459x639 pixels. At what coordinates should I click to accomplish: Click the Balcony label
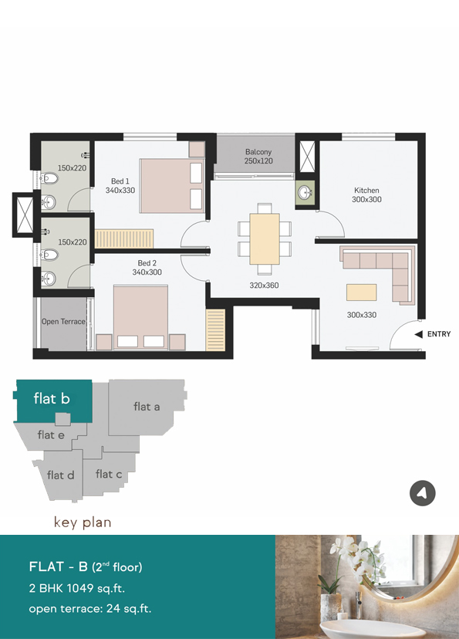click(258, 151)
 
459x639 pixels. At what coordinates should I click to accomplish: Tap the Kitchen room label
click(366, 191)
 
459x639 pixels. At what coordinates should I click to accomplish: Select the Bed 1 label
click(120, 181)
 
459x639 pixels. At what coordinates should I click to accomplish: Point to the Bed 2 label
click(147, 263)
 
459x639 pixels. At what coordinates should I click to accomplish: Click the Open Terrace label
click(63, 322)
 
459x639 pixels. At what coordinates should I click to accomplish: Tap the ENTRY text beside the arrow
click(439, 334)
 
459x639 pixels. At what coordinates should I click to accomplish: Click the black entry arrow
click(419, 334)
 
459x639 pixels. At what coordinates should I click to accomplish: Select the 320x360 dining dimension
click(265, 286)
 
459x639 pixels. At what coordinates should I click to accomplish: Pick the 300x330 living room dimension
click(362, 315)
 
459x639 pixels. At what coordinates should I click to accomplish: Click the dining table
click(265, 238)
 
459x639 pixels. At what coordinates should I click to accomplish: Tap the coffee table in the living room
click(361, 292)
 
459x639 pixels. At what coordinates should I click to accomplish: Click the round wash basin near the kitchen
click(305, 192)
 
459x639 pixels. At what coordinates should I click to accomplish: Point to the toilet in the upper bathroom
click(49, 178)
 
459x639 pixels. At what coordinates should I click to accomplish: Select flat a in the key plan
click(147, 406)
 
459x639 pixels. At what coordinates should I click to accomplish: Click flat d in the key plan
click(61, 475)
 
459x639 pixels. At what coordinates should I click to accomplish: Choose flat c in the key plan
click(109, 474)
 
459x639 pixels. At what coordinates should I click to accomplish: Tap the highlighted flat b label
click(52, 398)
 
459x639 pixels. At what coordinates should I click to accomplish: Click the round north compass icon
click(423, 493)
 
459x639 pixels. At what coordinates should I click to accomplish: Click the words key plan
click(83, 522)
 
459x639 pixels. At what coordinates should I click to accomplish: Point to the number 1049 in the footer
click(79, 588)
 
